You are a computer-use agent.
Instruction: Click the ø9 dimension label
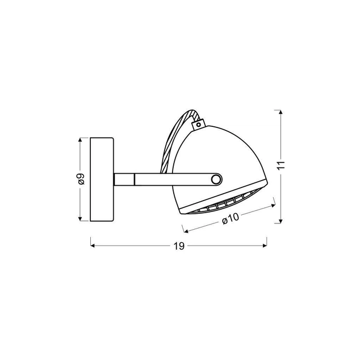(x=81, y=179)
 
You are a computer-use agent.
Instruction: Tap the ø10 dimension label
(x=230, y=218)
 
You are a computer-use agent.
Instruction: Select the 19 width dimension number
(x=179, y=246)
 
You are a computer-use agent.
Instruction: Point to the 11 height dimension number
(x=281, y=165)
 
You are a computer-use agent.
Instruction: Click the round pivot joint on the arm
(x=216, y=179)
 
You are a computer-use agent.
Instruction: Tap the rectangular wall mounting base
(x=102, y=179)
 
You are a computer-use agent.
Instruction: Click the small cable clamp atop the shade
(x=198, y=124)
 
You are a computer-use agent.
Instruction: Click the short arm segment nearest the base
(x=124, y=179)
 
